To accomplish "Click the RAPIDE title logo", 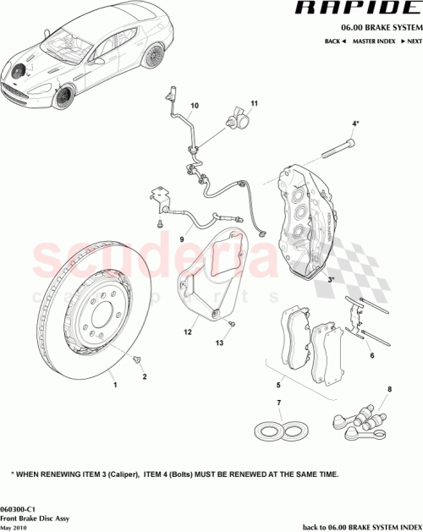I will click(355, 9).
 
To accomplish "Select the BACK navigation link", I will click(334, 41).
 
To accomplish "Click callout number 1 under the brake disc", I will click(115, 383).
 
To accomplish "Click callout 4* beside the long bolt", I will click(356, 123).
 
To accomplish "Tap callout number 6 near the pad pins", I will click(371, 357).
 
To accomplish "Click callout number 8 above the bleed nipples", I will click(389, 390).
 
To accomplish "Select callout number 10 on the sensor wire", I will click(194, 106).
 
